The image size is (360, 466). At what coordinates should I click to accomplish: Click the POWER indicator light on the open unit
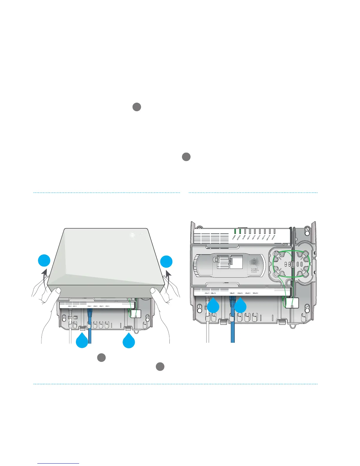tap(235, 231)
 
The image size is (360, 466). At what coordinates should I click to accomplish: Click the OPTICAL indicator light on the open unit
tap(240, 231)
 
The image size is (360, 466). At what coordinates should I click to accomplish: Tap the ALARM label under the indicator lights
tap(244, 237)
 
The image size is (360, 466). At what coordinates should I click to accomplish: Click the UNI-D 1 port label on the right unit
tap(232, 293)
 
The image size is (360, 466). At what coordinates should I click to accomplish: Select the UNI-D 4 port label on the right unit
tap(255, 293)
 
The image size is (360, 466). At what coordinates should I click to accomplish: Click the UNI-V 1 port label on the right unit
tap(207, 293)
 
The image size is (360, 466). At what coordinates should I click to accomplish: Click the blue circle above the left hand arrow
tap(44, 262)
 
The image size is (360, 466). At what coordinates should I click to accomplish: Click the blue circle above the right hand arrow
tap(166, 262)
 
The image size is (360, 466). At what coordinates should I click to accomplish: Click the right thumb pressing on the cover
tap(154, 291)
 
